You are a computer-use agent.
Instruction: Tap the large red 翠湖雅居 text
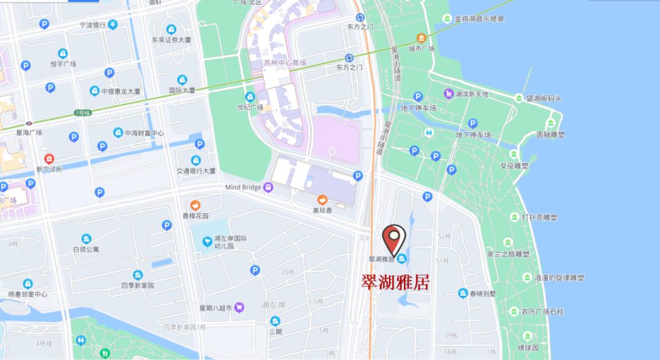[395, 282]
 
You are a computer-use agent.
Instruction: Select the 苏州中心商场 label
[285, 63]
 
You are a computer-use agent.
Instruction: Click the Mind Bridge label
[244, 187]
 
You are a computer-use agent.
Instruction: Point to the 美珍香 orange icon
[322, 200]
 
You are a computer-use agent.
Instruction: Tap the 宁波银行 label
[93, 25]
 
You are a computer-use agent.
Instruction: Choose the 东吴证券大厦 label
[171, 40]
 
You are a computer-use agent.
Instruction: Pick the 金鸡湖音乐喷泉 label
[479, 19]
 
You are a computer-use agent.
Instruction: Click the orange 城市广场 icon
[421, 38]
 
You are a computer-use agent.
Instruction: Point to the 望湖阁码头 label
[543, 98]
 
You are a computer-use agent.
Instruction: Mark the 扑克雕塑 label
[539, 217]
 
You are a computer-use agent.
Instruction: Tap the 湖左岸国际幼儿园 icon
[208, 243]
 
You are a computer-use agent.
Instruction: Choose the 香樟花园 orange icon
[196, 205]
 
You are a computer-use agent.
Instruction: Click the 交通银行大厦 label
[196, 171]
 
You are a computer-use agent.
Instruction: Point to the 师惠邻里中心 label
[28, 295]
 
